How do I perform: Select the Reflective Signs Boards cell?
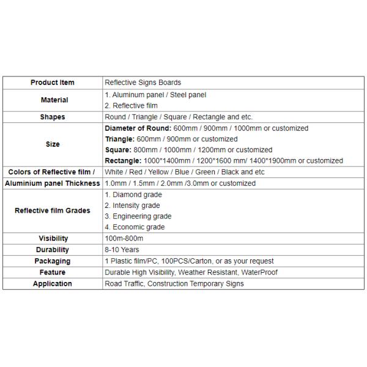tap(143, 83)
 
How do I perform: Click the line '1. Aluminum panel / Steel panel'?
tap(155, 95)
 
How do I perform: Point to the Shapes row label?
tap(52, 117)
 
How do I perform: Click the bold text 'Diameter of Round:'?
tap(135, 128)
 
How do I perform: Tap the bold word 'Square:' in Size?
tap(117, 150)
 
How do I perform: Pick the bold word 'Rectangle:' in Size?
tap(122, 161)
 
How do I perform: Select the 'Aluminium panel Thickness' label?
tap(52, 183)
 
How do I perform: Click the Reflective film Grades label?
tap(52, 210)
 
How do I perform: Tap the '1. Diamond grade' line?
tap(133, 195)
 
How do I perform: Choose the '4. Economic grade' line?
tap(135, 227)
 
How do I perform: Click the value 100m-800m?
tap(124, 239)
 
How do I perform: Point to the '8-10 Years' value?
tap(122, 250)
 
